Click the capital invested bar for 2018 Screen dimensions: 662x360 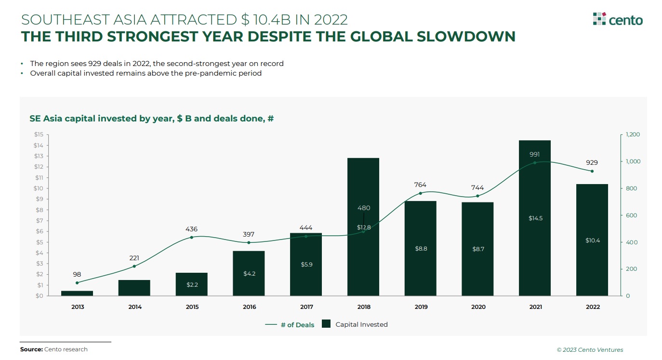[x=363, y=227]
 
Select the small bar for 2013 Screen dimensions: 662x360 [x=77, y=293]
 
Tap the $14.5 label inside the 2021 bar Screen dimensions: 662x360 [x=535, y=218]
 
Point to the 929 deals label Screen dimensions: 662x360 [x=592, y=162]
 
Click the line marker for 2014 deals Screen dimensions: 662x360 [x=134, y=267]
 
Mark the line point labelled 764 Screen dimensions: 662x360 [x=421, y=193]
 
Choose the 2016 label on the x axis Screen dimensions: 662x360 [x=250, y=307]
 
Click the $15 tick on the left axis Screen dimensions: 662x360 [x=39, y=134]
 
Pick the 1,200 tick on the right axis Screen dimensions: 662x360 [x=633, y=134]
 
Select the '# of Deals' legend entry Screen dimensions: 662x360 [x=290, y=325]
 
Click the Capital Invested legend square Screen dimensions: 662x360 [x=326, y=324]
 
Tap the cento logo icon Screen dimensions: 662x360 [x=599, y=19]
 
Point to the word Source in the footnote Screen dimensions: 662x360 [x=31, y=349]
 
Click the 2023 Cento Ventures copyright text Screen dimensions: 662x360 [x=590, y=350]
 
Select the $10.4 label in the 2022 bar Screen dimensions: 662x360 [x=593, y=240]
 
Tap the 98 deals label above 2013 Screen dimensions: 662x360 [x=77, y=275]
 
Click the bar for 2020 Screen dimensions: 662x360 [x=477, y=249]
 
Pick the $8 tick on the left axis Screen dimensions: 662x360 [x=40, y=210]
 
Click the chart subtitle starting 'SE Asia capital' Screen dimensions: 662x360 [x=152, y=119]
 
